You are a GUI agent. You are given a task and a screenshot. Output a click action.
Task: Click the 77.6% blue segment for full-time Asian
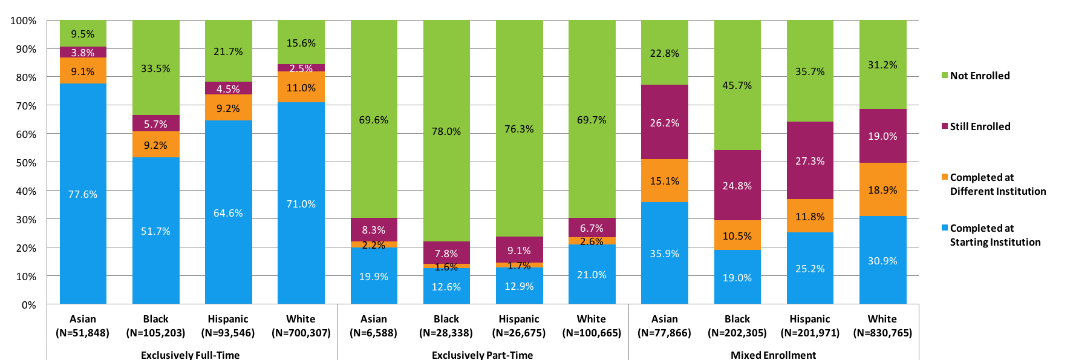point(83,194)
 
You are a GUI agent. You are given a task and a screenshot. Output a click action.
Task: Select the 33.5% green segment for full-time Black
point(155,68)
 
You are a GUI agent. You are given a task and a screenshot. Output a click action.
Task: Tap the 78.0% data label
point(446,131)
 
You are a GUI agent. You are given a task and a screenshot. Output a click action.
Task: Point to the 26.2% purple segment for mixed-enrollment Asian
point(664,122)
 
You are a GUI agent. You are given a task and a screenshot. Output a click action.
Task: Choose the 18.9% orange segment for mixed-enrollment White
point(882,189)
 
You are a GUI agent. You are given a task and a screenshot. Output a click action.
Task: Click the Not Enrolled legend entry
point(979,76)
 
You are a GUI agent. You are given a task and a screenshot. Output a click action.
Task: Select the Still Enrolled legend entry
point(979,126)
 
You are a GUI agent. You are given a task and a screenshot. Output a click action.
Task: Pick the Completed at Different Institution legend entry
point(997,184)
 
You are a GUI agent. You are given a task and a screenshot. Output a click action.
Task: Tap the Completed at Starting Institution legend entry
point(995,235)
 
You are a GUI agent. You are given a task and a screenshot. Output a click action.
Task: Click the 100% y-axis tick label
point(24,21)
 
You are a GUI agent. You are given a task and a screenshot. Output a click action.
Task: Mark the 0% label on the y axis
point(28,305)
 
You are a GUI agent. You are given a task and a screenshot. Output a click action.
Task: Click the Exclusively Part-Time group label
point(482,355)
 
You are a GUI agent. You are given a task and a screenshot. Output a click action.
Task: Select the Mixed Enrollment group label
point(773,355)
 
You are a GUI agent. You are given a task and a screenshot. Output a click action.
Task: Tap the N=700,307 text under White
point(301,333)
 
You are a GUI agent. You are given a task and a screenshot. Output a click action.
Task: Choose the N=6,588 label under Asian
point(373,333)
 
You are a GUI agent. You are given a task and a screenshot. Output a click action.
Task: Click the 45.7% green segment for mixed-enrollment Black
point(737,85)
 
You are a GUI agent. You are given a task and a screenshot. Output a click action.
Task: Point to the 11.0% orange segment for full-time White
point(301,87)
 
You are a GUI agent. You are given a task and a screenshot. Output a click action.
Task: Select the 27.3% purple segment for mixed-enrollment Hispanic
point(810,160)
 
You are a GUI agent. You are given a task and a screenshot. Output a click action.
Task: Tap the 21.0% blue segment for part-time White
point(592,274)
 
